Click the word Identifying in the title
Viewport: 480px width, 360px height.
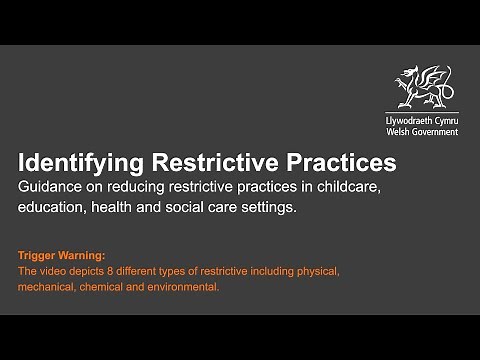click(x=81, y=162)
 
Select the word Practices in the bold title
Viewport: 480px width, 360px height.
click(x=340, y=162)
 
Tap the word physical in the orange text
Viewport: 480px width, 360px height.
click(x=320, y=270)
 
